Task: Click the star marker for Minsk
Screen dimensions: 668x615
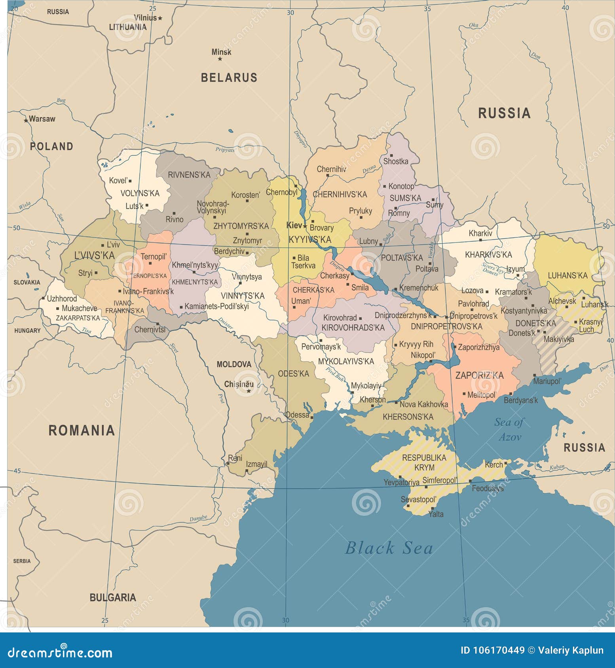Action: tap(220, 59)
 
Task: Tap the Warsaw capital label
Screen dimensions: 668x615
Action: tap(42, 119)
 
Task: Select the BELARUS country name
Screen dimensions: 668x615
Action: tap(229, 77)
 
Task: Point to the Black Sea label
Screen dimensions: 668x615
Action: tap(389, 548)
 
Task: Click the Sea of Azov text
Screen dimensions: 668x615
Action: tap(509, 429)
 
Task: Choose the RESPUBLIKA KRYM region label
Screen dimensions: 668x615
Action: tap(424, 462)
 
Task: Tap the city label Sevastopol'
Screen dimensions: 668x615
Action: tap(418, 500)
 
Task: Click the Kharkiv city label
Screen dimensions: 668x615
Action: tap(480, 233)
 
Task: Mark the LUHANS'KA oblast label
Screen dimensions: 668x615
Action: tap(568, 276)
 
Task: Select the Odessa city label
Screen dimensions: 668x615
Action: tap(297, 415)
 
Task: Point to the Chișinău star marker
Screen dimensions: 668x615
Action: tap(249, 391)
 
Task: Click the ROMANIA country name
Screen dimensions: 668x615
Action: tap(82, 430)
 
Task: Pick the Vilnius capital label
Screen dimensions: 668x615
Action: tap(145, 18)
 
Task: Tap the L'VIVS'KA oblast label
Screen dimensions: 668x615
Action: tap(94, 255)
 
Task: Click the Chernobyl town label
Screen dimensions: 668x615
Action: tap(281, 192)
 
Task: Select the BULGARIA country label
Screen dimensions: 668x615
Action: tap(113, 597)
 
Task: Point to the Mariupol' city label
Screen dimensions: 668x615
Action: tap(547, 381)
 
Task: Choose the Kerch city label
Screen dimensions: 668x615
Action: tap(494, 465)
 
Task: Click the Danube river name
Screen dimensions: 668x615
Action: tap(198, 518)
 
